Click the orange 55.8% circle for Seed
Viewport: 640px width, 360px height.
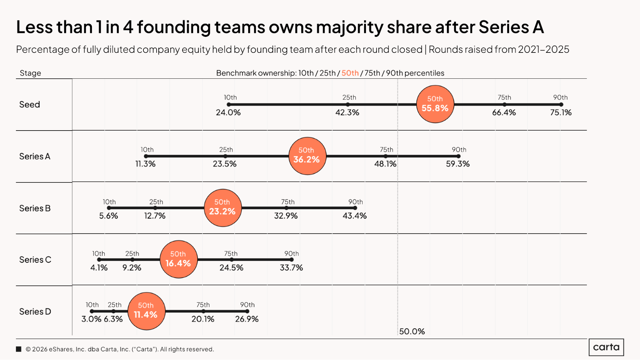(435, 104)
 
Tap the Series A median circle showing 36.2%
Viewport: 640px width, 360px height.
(307, 156)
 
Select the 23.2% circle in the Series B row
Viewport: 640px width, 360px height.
(223, 208)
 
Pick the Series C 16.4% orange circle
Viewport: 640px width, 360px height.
(179, 259)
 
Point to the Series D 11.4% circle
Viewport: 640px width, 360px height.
(146, 311)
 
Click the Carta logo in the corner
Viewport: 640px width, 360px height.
(606, 347)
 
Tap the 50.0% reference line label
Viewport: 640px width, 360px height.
(412, 331)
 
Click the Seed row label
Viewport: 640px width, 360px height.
(29, 104)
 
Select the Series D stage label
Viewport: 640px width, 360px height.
(35, 311)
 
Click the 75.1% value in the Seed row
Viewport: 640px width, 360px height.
(561, 112)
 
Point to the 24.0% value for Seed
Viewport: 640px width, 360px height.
(228, 112)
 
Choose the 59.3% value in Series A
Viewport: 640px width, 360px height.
(458, 164)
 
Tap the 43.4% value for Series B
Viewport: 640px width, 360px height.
(354, 216)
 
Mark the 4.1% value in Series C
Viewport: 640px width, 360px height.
(99, 268)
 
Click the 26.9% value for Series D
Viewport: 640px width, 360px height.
(247, 319)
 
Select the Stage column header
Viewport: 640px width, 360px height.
(30, 73)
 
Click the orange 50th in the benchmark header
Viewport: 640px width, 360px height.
(350, 73)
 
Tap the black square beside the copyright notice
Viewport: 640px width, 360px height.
(19, 349)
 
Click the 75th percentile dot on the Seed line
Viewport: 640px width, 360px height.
(504, 104)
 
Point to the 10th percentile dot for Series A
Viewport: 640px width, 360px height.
(146, 156)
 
